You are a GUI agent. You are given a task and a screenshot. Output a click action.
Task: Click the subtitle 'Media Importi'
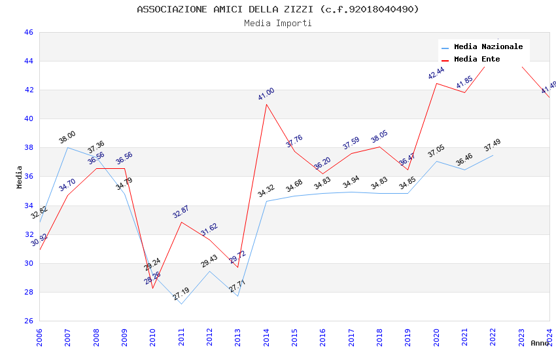point(277,24)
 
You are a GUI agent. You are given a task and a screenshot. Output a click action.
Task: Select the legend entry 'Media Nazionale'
point(488,47)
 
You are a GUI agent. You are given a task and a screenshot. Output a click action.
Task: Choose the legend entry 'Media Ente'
point(477,60)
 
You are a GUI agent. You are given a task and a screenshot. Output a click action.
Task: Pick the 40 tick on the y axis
point(29,119)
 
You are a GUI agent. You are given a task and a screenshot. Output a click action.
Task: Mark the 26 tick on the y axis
point(29,321)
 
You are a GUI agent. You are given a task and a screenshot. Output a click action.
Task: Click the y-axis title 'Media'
point(20,177)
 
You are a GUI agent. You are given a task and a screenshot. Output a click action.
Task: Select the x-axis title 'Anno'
point(540,343)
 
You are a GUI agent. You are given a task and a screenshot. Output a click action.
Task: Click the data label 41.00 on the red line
point(266,94)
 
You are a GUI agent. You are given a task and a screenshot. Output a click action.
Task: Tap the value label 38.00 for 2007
point(67,137)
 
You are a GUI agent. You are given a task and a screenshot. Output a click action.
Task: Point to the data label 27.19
point(181,295)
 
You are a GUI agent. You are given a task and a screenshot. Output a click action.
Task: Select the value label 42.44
point(436,73)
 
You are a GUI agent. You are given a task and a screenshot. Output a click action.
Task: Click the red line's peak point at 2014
point(266,104)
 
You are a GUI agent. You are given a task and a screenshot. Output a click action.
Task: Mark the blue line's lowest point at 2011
point(181,304)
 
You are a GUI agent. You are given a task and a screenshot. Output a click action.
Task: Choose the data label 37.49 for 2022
point(493,146)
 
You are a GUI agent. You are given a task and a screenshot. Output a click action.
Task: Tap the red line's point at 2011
point(181,222)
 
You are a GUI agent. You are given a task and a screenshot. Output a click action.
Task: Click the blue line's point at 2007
point(67,147)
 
